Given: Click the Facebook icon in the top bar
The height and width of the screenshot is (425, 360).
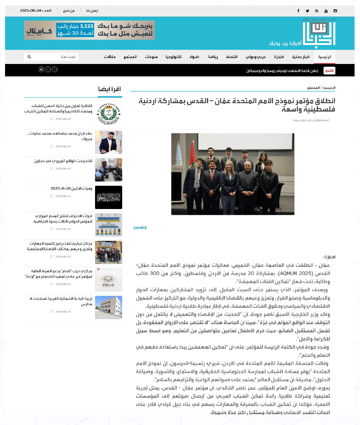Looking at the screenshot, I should (298, 11).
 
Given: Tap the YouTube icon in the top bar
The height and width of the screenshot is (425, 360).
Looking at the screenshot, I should (326, 11).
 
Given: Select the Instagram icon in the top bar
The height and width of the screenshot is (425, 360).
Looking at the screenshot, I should (335, 11).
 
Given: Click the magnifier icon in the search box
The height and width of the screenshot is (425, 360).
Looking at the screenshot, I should (29, 57).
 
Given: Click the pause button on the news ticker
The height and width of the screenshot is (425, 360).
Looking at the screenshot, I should (41, 69).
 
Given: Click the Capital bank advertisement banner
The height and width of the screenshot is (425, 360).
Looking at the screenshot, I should (89, 30).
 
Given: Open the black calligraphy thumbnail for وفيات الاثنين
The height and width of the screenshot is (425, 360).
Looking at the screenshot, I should (109, 197).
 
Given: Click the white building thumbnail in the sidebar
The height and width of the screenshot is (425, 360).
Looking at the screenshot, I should (109, 308).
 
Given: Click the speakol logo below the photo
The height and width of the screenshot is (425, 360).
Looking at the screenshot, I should (140, 228).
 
